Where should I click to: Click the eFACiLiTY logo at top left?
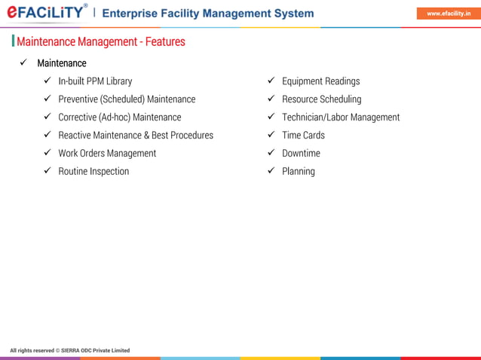[x=47, y=13]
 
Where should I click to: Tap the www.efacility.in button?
[x=449, y=13]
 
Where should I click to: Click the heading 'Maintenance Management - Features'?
[x=100, y=41]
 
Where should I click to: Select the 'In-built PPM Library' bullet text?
[x=95, y=81]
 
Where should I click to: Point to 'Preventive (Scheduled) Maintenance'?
[x=127, y=99]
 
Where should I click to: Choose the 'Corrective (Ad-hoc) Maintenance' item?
[x=120, y=117]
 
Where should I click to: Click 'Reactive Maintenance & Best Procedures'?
[x=136, y=136]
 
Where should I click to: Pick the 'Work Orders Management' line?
[x=107, y=154]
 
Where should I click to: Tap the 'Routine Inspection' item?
[x=93, y=172]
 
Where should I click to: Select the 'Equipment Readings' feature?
[x=320, y=81]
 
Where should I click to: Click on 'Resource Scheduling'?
[x=321, y=99]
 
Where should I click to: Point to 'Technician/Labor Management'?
[x=341, y=117]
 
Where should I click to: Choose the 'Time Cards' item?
[x=303, y=136]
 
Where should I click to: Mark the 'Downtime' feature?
[x=301, y=154]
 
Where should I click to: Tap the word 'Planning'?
[x=299, y=172]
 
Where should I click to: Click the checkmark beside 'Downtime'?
[x=271, y=153]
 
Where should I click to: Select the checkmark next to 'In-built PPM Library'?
[x=47, y=81]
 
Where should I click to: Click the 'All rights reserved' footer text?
[x=70, y=350]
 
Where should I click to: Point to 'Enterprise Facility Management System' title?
[x=208, y=14]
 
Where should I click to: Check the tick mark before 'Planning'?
[x=271, y=171]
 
